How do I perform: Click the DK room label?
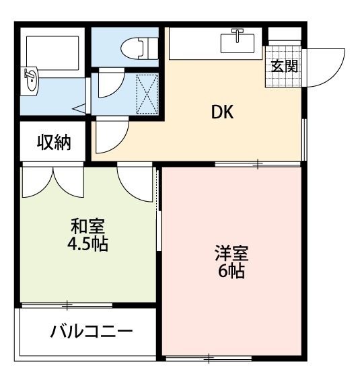pos(222,112)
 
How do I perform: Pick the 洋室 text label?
pos(231,254)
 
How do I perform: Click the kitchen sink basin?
pos(238,43)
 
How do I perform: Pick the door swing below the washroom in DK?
pos(111,136)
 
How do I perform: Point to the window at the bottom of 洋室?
pos(209,358)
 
